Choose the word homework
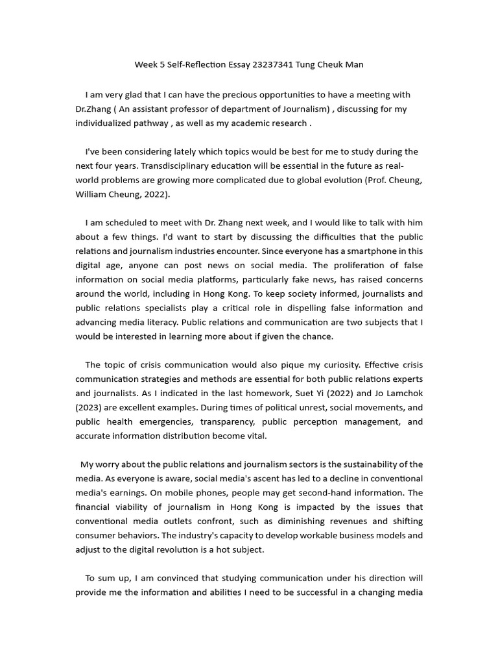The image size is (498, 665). point(280,393)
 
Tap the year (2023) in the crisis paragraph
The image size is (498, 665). point(90,407)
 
